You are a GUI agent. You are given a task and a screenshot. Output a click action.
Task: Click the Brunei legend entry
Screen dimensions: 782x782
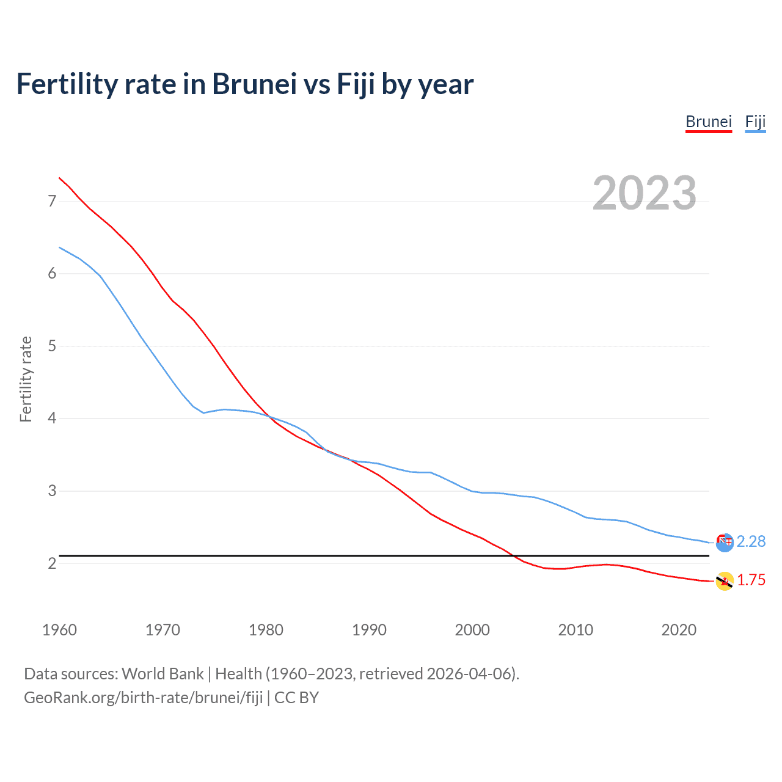pyautogui.click(x=708, y=122)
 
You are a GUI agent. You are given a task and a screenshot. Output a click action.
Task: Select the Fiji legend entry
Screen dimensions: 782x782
pyautogui.click(x=755, y=122)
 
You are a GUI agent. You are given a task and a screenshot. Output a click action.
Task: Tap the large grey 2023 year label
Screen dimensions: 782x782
pyautogui.click(x=644, y=193)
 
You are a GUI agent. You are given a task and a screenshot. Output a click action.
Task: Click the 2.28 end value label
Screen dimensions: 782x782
pyautogui.click(x=751, y=541)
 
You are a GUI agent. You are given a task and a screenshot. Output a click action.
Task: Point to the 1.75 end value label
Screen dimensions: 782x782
pyautogui.click(x=751, y=580)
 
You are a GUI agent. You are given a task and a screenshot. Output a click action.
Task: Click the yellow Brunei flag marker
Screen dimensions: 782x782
pyautogui.click(x=725, y=581)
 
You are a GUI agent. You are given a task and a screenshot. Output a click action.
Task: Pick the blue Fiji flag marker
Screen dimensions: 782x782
pyautogui.click(x=725, y=543)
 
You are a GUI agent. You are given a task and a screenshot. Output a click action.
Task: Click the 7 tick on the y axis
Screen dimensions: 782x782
pyautogui.click(x=52, y=201)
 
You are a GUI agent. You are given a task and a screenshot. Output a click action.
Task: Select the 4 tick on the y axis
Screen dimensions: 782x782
pyautogui.click(x=52, y=418)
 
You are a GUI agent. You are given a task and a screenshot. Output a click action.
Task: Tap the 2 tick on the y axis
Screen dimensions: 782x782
pyautogui.click(x=52, y=563)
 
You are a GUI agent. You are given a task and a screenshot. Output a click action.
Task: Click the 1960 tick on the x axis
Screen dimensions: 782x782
pyautogui.click(x=59, y=630)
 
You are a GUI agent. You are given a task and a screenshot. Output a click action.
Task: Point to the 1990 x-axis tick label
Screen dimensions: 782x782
pyautogui.click(x=369, y=630)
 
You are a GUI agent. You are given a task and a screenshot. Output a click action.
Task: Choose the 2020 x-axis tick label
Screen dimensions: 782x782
pyautogui.click(x=679, y=630)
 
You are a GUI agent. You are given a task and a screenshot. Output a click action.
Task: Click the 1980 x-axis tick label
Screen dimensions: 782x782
pyautogui.click(x=266, y=630)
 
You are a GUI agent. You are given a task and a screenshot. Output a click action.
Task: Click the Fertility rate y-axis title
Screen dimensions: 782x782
pyautogui.click(x=26, y=379)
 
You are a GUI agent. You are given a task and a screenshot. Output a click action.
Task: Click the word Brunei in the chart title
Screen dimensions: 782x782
pyautogui.click(x=254, y=84)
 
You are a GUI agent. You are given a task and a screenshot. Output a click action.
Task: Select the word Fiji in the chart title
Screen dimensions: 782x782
pyautogui.click(x=356, y=84)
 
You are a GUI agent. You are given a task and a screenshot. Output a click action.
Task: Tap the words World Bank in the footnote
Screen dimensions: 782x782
pyautogui.click(x=163, y=674)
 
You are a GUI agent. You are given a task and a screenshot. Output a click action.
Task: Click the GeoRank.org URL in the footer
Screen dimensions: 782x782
pyautogui.click(x=143, y=698)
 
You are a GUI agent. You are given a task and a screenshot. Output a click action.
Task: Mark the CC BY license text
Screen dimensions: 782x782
pyautogui.click(x=297, y=698)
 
